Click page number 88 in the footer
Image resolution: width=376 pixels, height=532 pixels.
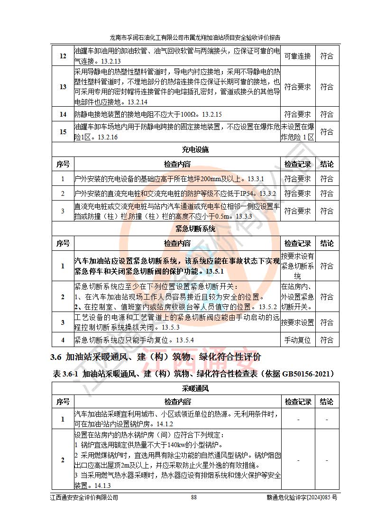[x=193, y=497]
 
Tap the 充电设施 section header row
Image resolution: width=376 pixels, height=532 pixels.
[x=195, y=150]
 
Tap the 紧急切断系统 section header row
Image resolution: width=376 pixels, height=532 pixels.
[x=195, y=229]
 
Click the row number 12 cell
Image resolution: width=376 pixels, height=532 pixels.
[x=63, y=56]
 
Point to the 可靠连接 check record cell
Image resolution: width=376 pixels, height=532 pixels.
[x=297, y=56]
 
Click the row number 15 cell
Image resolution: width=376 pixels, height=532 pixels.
[x=63, y=132]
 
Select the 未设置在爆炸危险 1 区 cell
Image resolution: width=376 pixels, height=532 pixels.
[x=297, y=132]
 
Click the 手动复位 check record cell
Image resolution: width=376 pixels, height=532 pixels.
[x=297, y=340]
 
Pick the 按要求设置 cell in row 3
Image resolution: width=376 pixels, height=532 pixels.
[x=297, y=322]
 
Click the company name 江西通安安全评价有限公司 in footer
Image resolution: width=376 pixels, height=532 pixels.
[x=84, y=497]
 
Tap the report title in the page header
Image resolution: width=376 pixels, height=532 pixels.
[x=195, y=37]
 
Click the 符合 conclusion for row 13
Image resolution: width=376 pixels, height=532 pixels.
[x=326, y=87]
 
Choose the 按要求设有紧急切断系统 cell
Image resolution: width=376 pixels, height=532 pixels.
[x=297, y=266]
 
